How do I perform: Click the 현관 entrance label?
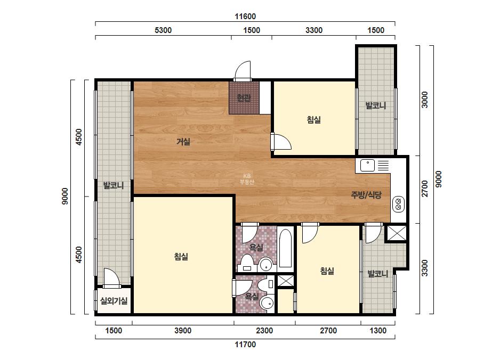[x=244, y=98]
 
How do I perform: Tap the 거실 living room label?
[x=183, y=142]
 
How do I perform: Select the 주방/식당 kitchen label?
[x=366, y=195]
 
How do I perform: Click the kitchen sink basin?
[x=367, y=165]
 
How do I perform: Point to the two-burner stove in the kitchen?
[x=399, y=204]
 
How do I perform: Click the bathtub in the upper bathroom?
[x=285, y=248]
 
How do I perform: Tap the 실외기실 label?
[x=114, y=301]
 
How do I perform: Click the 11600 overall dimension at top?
[x=245, y=17]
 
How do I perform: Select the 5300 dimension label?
[x=163, y=30]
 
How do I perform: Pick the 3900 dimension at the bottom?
[x=183, y=331]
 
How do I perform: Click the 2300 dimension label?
[x=264, y=331]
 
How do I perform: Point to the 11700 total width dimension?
[x=245, y=345]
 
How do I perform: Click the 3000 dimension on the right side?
[x=424, y=100]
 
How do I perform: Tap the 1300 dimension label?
[x=378, y=331]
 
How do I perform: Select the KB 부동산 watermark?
[x=247, y=179]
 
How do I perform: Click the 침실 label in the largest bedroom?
[x=181, y=257]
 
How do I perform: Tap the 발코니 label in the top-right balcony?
[x=376, y=105]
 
